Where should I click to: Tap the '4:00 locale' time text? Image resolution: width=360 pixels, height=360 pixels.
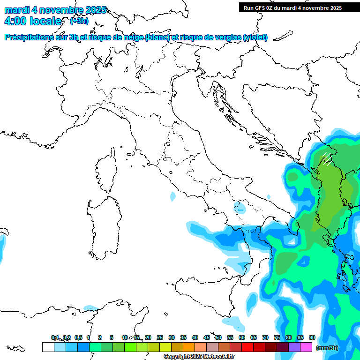click(32, 21)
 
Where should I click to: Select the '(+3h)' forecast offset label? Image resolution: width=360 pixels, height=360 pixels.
click(79, 21)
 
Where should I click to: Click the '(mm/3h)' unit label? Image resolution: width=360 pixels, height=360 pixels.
click(327, 348)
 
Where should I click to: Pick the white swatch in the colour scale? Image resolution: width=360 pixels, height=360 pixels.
click(48, 347)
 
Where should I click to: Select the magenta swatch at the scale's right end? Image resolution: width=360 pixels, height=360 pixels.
click(306, 347)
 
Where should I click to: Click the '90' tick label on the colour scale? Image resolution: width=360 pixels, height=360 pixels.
click(312, 337)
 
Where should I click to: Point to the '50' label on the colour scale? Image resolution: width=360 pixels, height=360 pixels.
click(218, 337)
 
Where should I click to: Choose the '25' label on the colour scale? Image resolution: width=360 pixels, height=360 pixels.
click(160, 337)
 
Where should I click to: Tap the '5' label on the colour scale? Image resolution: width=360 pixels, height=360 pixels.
click(111, 337)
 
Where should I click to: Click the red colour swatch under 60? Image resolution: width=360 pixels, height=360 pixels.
click(247, 347)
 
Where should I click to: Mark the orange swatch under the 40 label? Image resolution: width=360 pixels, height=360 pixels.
click(189, 347)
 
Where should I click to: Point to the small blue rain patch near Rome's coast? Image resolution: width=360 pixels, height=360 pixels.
click(173, 195)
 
